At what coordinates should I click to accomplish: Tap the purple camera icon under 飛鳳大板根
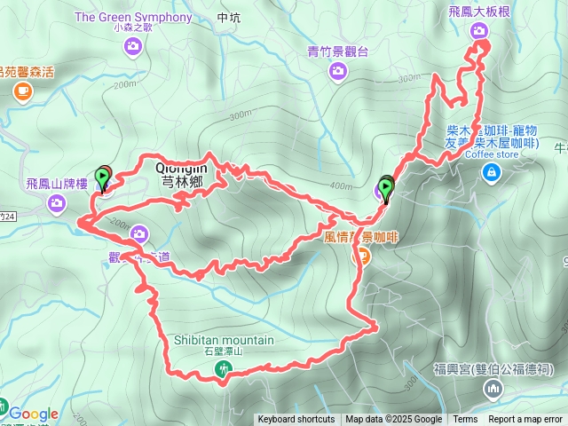(479, 32)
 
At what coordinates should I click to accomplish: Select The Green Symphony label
(133, 17)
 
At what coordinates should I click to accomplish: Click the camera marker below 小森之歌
(134, 46)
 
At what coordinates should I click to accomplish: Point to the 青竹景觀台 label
(337, 51)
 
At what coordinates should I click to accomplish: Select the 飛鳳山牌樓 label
(57, 184)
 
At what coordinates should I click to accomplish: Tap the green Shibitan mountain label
(217, 340)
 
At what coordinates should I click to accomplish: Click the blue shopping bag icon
(490, 172)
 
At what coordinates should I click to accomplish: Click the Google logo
(34, 414)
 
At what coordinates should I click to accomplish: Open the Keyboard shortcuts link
(296, 420)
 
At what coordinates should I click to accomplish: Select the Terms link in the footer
(465, 420)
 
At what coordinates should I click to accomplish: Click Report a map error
(526, 420)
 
